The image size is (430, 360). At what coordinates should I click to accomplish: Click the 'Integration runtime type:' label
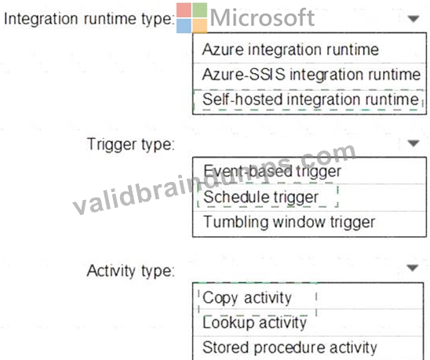click(x=89, y=19)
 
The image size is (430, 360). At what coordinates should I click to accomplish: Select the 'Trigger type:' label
click(x=130, y=144)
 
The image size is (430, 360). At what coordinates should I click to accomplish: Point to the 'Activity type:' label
click(x=130, y=271)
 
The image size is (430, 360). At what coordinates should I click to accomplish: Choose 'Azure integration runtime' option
click(x=290, y=49)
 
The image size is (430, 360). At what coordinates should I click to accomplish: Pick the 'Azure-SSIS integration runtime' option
click(x=311, y=75)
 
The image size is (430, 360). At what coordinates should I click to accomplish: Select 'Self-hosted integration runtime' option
click(x=311, y=100)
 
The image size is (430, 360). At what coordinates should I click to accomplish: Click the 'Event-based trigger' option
click(x=272, y=171)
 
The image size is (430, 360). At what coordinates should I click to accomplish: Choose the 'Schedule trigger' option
click(x=261, y=197)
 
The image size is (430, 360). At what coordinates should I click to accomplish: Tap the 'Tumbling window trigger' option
click(x=289, y=222)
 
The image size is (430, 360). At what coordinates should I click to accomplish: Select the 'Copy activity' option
click(x=247, y=298)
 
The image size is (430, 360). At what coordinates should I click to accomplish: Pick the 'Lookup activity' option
click(x=254, y=322)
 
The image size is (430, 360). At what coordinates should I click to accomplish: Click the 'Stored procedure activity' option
click(x=290, y=347)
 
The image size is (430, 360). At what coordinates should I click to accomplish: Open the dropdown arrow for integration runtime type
click(x=414, y=19)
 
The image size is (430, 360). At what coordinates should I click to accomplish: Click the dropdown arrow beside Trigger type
click(x=414, y=143)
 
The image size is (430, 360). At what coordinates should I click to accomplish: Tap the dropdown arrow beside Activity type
click(x=413, y=267)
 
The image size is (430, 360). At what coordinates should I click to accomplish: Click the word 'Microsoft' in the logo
click(x=262, y=17)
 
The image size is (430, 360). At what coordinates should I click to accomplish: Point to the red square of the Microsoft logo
click(x=184, y=10)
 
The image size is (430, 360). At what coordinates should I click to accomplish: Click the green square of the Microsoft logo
click(x=199, y=10)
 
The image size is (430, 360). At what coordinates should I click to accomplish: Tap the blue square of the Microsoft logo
click(x=184, y=26)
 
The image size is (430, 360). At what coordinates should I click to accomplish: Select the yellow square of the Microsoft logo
click(x=199, y=26)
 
